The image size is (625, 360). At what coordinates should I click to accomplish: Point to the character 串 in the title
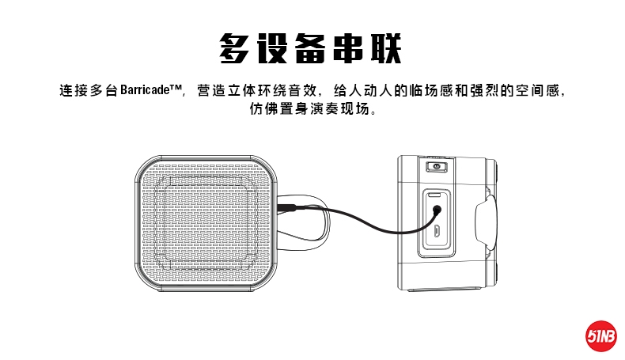click(350, 47)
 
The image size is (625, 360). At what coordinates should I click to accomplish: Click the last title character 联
click(388, 47)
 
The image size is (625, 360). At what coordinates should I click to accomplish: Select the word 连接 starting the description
click(74, 90)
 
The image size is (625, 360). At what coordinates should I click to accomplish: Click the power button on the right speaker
click(434, 166)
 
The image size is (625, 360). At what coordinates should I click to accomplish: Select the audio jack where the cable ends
click(437, 210)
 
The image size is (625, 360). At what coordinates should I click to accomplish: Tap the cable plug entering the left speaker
click(290, 207)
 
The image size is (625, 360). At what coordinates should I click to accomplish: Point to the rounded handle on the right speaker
click(487, 223)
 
